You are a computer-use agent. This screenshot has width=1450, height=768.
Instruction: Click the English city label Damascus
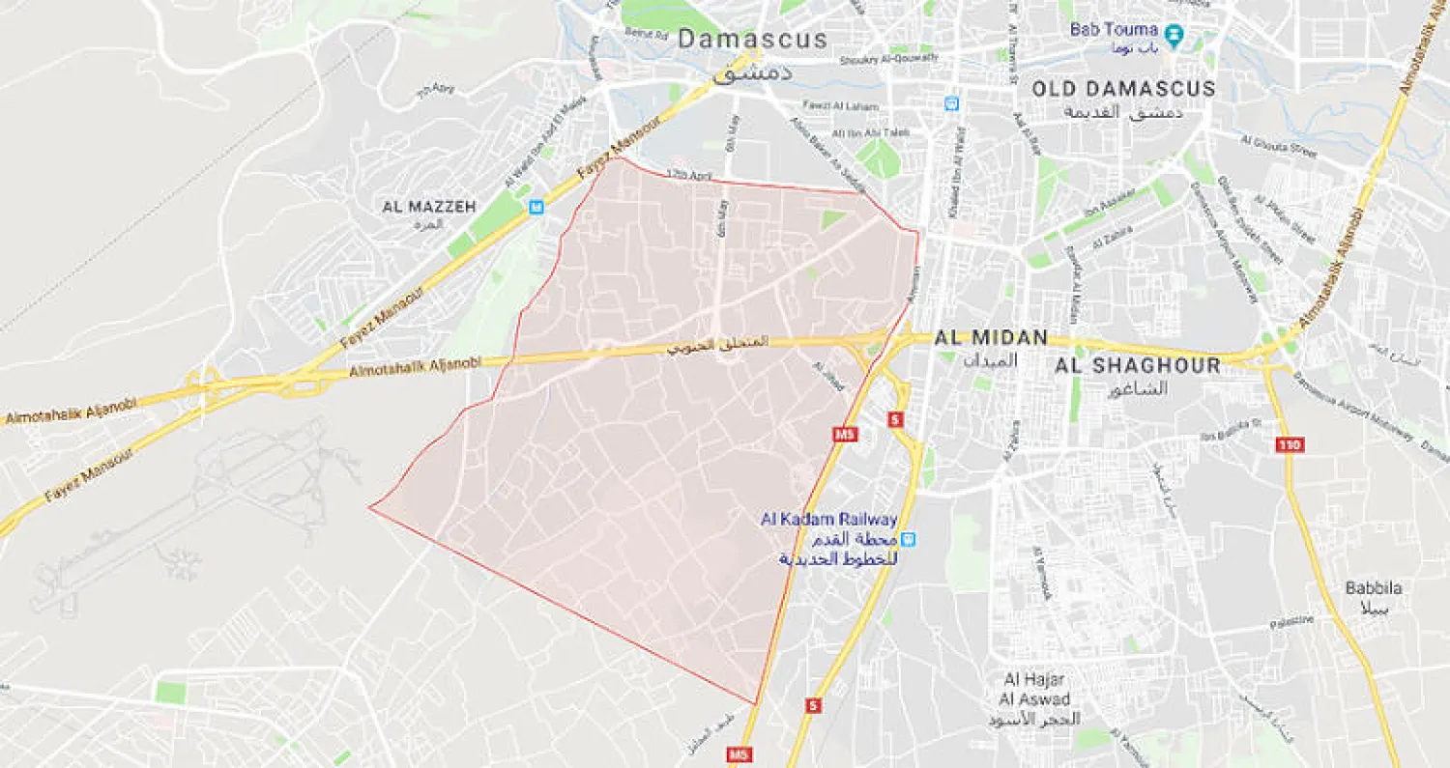tap(752, 39)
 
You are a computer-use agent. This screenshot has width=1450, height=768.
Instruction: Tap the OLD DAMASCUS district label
tap(1123, 89)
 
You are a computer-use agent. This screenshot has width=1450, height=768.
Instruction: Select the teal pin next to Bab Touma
tap(1174, 35)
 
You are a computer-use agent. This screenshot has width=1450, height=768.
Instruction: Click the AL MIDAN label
tap(991, 338)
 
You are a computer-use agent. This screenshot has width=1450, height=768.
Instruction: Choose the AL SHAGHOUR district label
tap(1137, 366)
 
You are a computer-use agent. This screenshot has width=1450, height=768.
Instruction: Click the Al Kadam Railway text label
tap(829, 520)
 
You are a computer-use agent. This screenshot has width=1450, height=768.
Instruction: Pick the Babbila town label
tap(1374, 587)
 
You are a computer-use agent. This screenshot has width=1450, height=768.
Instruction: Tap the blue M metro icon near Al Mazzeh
tap(536, 206)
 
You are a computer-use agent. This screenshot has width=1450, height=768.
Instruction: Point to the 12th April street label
tap(687, 174)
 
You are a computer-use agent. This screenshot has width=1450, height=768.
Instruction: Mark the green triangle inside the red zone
tap(831, 219)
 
